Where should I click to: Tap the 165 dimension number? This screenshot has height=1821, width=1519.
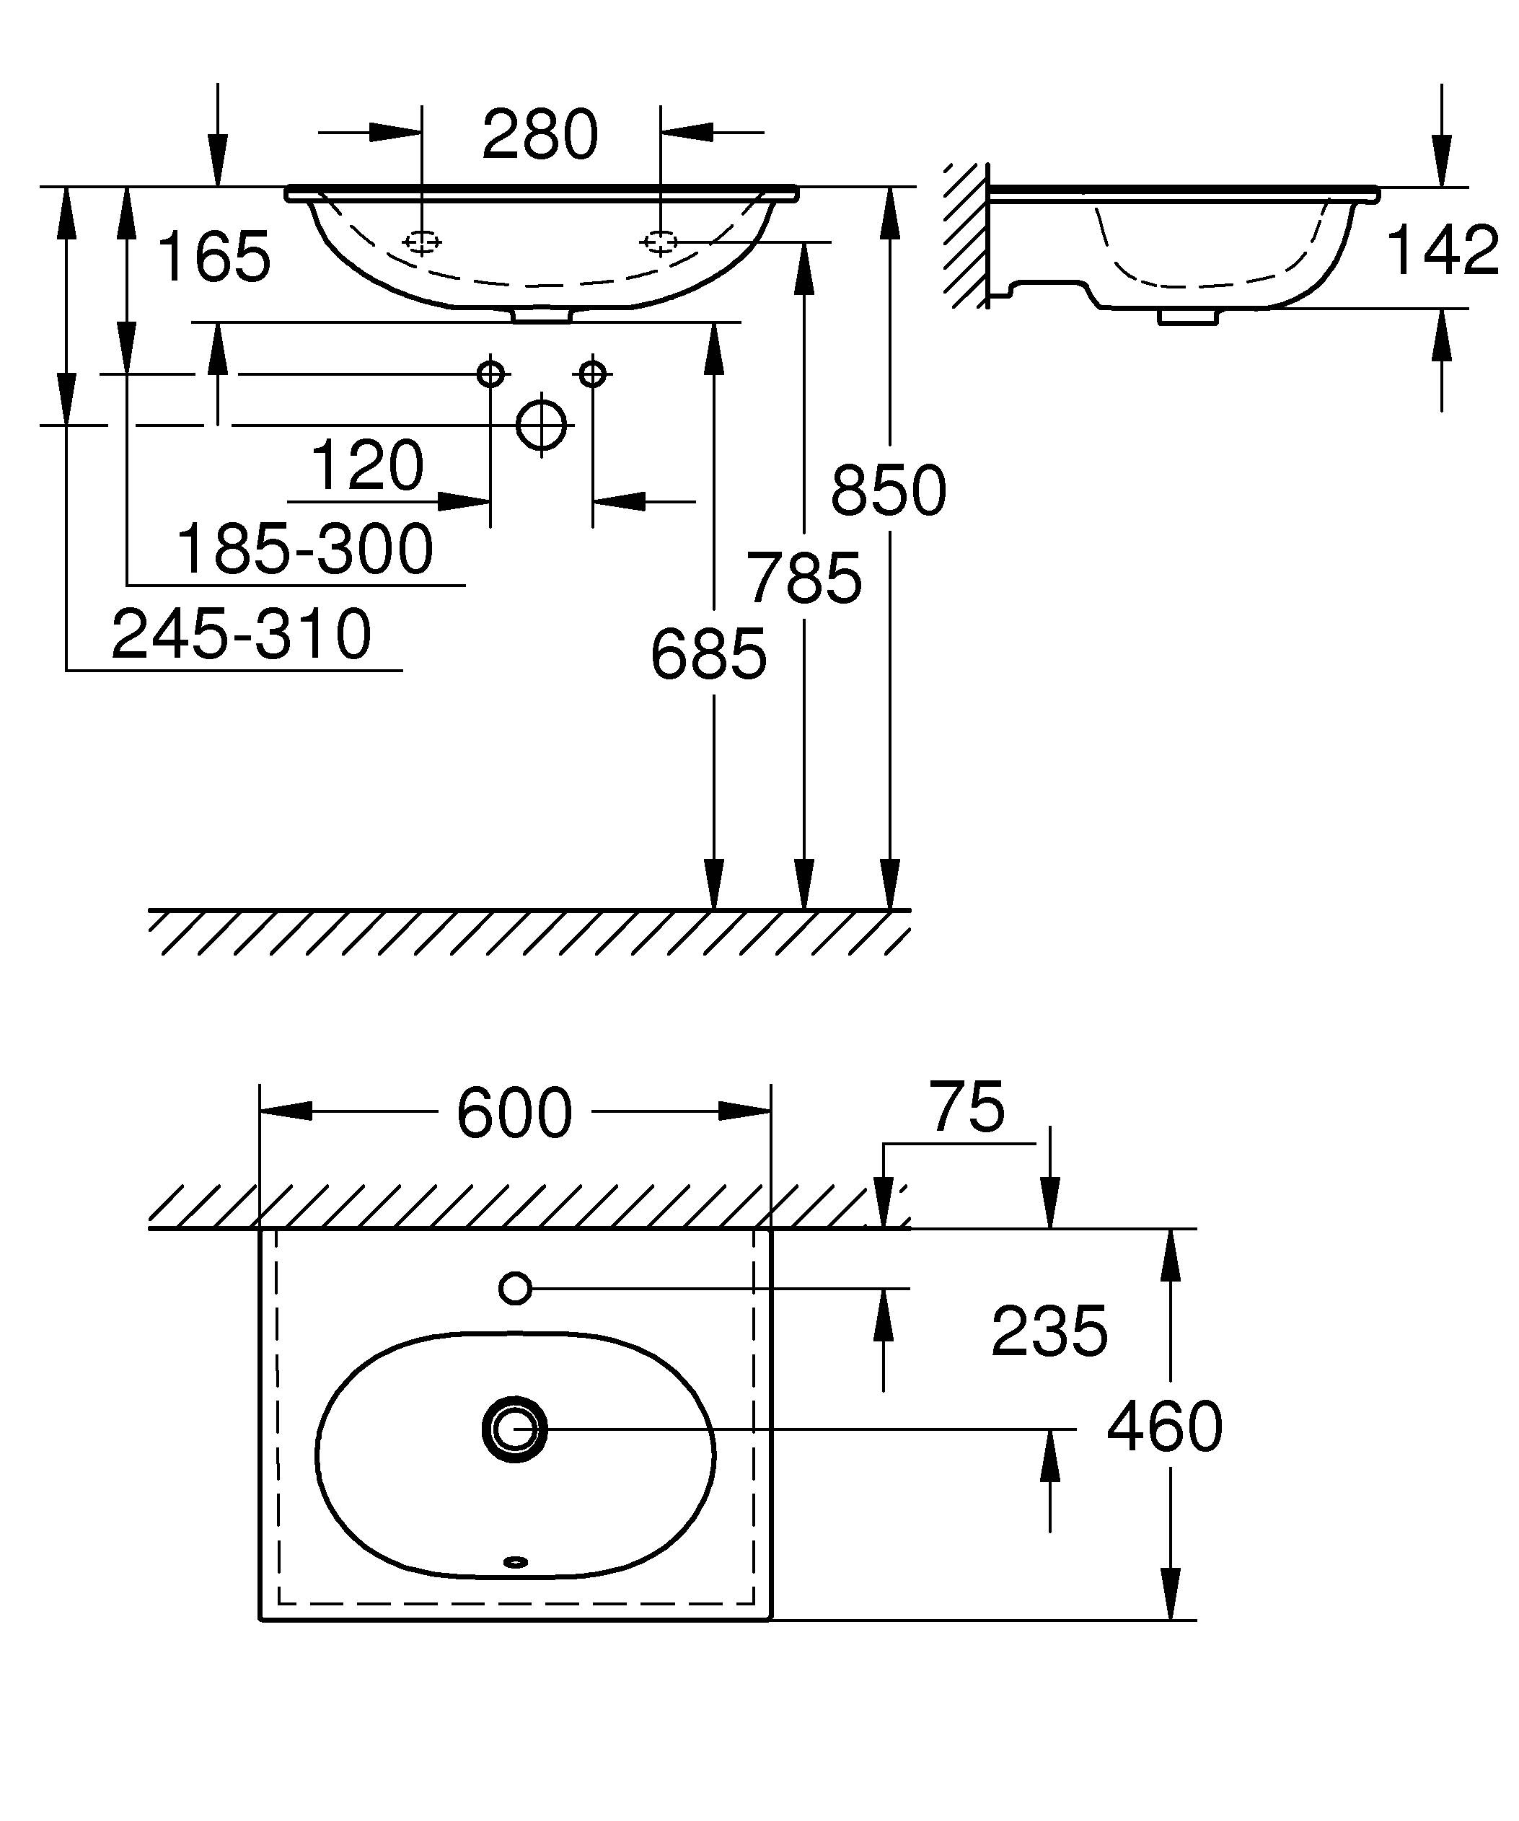pos(214,257)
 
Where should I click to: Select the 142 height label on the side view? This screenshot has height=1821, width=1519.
pos(1442,250)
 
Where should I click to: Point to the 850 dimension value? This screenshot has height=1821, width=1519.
pos(888,491)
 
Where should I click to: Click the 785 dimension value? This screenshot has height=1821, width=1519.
pos(805,578)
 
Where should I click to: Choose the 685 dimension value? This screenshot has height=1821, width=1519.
pos(708,655)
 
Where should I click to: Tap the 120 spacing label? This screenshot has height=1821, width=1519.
pos(366,466)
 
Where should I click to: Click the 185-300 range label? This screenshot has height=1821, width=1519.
pos(304,549)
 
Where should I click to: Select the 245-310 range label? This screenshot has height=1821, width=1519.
pos(241,634)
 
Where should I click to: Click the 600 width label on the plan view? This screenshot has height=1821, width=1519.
pos(514,1114)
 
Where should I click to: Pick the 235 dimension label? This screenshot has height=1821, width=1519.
pos(1048,1331)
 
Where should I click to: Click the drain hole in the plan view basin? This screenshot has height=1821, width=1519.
pos(515,1429)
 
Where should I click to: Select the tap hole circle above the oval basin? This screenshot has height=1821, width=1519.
pos(515,1289)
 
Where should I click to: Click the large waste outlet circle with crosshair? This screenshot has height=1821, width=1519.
pos(541,425)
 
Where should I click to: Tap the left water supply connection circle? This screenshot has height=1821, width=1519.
pos(490,374)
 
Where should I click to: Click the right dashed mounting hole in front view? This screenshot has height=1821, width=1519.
pos(660,242)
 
